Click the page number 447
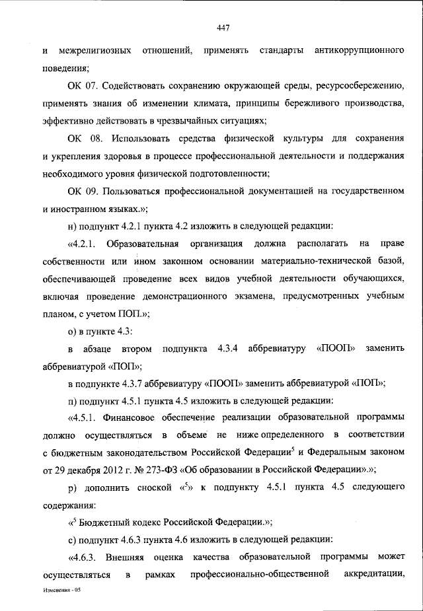tap(223, 27)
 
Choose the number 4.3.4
tap(229, 347)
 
